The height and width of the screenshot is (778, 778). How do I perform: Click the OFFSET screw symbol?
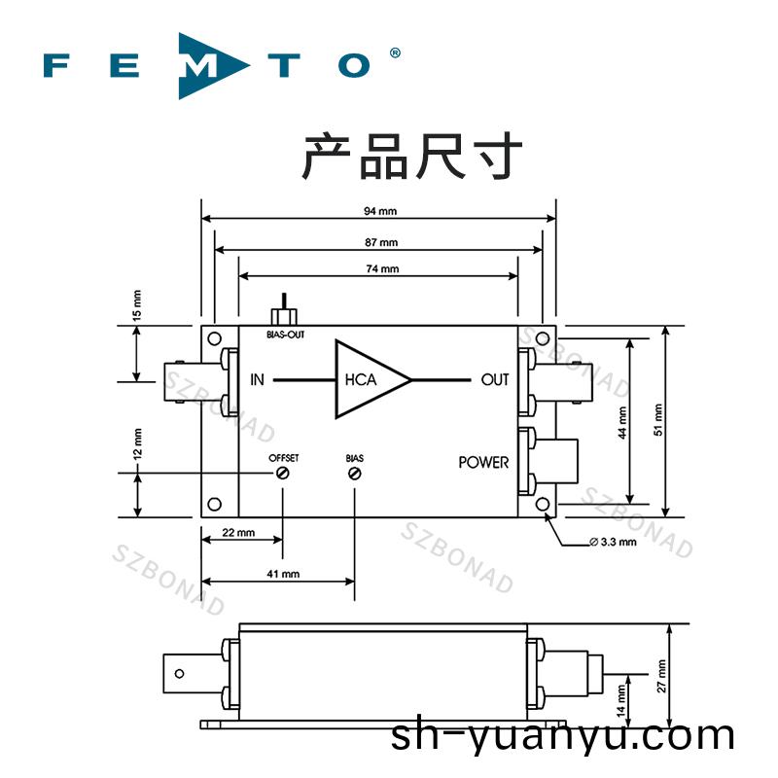click(283, 473)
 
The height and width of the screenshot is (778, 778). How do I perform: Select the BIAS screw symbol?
click(354, 473)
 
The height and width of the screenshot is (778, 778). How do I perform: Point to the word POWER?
click(483, 462)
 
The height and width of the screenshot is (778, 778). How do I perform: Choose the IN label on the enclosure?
click(257, 379)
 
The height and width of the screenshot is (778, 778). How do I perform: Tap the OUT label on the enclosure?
click(495, 379)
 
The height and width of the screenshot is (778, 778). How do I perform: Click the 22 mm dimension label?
click(238, 533)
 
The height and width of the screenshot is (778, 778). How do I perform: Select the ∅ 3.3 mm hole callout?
click(613, 542)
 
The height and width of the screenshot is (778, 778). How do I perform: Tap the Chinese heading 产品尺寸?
click(412, 158)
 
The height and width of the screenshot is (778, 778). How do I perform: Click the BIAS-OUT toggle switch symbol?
click(284, 312)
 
